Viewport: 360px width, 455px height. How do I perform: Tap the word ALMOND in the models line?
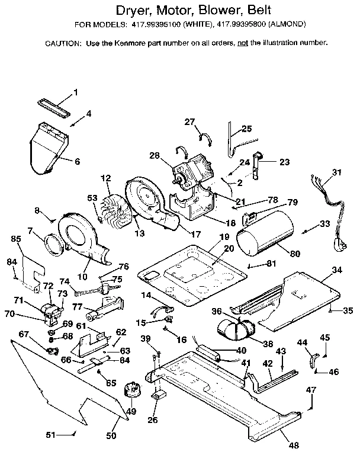point(304,25)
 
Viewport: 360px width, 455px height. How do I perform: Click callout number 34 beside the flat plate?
point(336,270)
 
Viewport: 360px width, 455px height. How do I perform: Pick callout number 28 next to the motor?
point(155,155)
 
